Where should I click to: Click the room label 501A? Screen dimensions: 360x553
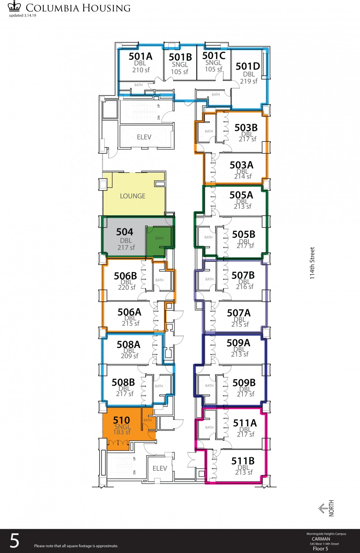(140, 57)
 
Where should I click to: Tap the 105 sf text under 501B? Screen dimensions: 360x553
(180, 72)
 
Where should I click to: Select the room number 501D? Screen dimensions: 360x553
(248, 66)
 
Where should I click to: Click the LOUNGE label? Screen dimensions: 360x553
(133, 196)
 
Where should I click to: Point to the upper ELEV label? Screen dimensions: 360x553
(144, 137)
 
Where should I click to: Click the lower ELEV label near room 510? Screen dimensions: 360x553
(160, 468)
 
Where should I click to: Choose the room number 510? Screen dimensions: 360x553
(121, 420)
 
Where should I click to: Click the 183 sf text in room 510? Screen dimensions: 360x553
(122, 432)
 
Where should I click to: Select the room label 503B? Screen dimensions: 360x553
(246, 128)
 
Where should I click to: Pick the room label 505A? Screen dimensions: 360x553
(241, 195)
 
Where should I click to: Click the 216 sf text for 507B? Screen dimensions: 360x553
(245, 287)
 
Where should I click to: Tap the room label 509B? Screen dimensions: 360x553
(244, 383)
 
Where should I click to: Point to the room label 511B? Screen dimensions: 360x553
(243, 461)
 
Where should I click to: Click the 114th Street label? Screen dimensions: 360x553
(312, 263)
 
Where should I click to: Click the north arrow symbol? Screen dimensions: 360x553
(323, 508)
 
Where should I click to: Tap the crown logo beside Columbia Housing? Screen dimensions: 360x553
(14, 6)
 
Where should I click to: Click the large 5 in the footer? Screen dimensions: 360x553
(14, 541)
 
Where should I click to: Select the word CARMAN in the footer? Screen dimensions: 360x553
(321, 539)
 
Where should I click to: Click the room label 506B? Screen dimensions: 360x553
(125, 276)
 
